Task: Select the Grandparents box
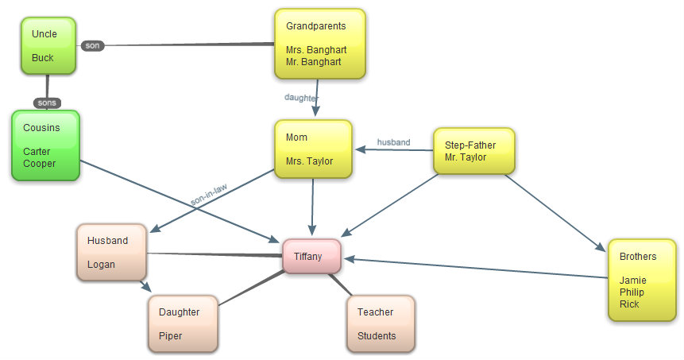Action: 319,43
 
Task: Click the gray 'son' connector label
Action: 92,45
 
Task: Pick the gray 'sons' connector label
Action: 47,103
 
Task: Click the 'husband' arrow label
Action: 393,142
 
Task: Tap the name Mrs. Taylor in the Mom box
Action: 309,161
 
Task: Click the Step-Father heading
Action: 470,145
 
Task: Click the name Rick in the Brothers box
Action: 629,304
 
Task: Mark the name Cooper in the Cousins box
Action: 39,164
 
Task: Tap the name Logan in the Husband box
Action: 101,264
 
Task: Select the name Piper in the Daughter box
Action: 170,335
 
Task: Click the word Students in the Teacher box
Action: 377,335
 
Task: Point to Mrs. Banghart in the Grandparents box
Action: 316,49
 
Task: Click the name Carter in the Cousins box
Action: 37,151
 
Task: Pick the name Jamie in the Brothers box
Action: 633,280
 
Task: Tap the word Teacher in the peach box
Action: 375,312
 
